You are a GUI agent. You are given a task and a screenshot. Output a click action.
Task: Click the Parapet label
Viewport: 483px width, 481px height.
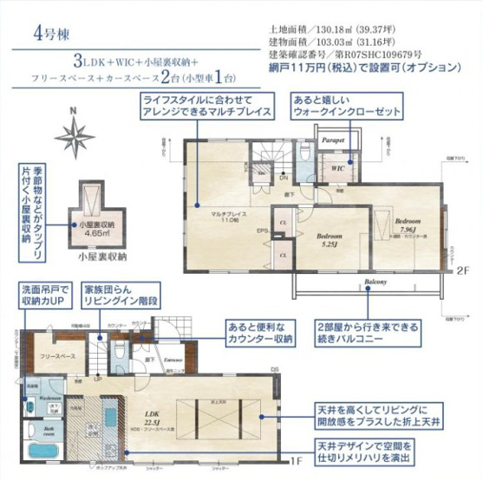[335, 140]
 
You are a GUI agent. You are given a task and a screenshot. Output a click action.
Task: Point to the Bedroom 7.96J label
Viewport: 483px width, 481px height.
[408, 224]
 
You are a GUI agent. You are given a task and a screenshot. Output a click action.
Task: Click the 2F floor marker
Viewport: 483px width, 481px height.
[462, 269]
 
